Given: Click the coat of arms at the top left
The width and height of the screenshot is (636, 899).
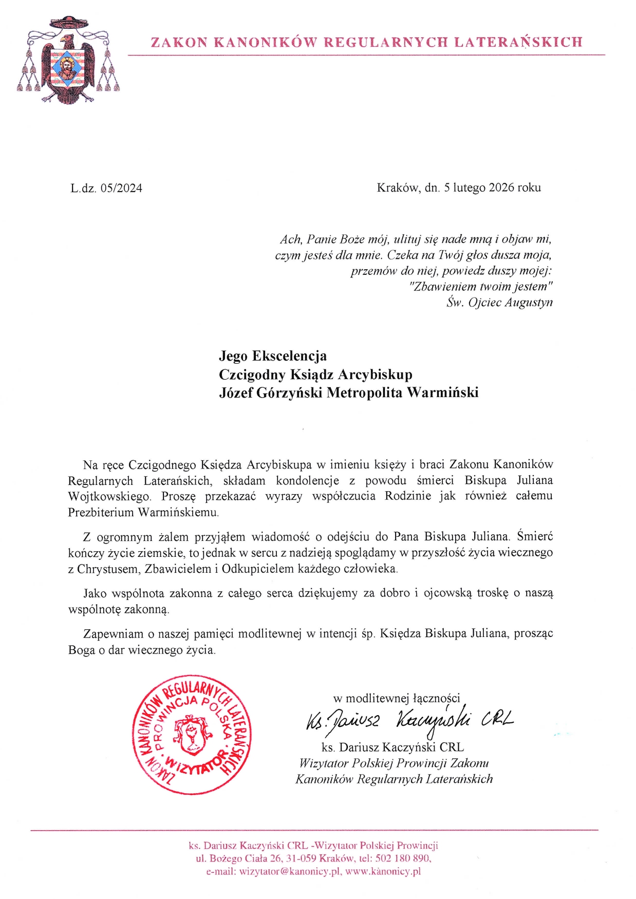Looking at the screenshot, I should pos(67,61).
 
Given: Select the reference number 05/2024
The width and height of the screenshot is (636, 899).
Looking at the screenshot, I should pos(121,188).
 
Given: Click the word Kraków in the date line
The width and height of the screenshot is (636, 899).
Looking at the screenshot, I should pos(398,188).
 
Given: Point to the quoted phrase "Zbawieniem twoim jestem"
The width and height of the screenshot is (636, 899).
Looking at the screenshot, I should pos(481,286).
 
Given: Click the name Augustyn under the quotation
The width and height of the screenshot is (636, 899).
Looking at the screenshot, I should pos(529,302).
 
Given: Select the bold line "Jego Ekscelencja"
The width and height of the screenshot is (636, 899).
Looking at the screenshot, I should pos(273,356).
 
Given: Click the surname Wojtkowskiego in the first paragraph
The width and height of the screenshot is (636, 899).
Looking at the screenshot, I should pos(109,496).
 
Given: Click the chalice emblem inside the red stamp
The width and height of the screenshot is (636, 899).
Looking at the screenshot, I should pos(191,735).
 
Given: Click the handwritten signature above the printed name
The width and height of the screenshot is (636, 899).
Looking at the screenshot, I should pos(409,720).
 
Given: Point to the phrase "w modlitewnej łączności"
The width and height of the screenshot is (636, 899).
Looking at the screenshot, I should pos(396,698).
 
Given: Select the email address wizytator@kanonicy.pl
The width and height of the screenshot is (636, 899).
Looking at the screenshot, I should pos(290,871).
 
